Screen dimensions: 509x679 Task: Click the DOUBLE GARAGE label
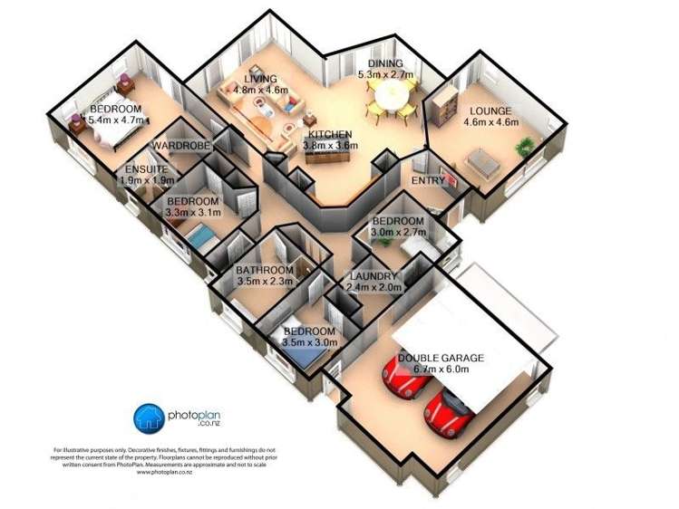[x=440, y=358]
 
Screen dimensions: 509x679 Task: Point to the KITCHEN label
[x=330, y=134]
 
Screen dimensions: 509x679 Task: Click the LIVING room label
[x=260, y=79]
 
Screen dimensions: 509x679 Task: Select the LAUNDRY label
[x=372, y=276]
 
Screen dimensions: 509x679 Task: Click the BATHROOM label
[x=265, y=270]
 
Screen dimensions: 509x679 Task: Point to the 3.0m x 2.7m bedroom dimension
[x=397, y=233]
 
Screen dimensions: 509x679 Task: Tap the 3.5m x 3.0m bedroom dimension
[x=310, y=342]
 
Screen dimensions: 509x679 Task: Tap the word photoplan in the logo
[x=195, y=413]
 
